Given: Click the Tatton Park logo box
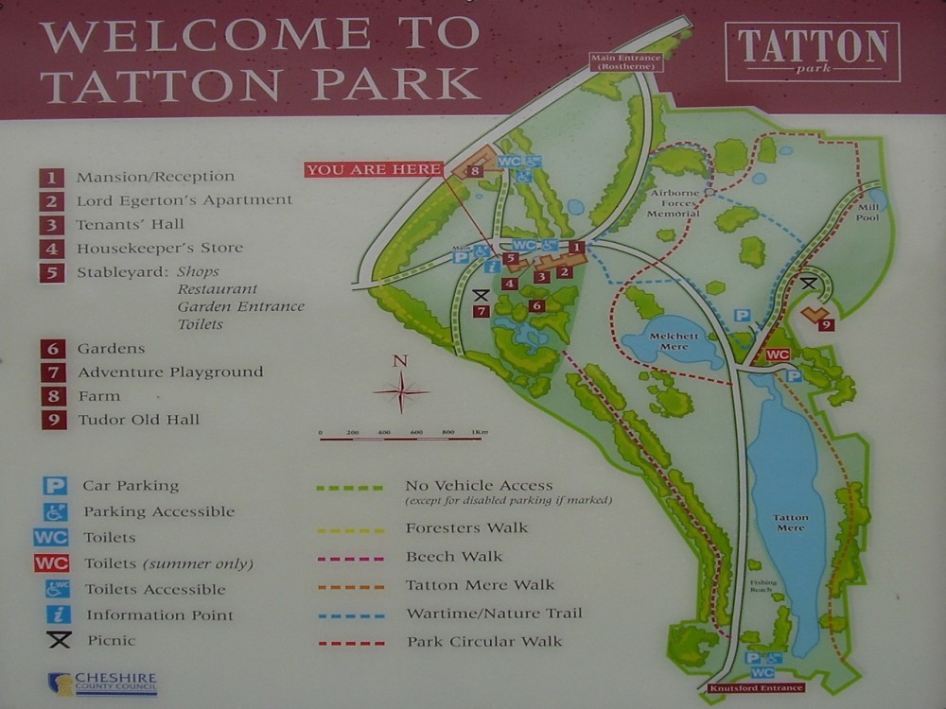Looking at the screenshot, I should tap(813, 52).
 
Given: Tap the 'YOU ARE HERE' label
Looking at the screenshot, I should tap(374, 169).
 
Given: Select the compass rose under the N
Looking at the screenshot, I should tap(400, 391).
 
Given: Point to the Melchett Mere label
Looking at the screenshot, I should tap(673, 338).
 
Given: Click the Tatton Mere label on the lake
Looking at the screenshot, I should tap(791, 522).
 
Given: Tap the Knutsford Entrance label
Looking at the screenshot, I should tap(756, 688).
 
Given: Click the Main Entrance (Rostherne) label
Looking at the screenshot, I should tap(624, 62).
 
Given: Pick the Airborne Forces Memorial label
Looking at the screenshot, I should tap(674, 201).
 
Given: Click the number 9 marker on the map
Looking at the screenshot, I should tap(826, 324).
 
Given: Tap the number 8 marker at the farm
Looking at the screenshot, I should tap(474, 171).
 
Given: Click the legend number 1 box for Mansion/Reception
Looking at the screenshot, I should tap(52, 177).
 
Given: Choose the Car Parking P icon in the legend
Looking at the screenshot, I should tap(56, 486).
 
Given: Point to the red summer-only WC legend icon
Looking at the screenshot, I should tap(51, 563).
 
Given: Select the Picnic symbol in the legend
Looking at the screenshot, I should tap(59, 641).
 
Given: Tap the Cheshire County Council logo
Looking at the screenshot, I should tap(102, 683).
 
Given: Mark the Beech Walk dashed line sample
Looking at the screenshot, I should tap(351, 557).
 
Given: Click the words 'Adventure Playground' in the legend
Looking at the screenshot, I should tap(170, 372).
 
